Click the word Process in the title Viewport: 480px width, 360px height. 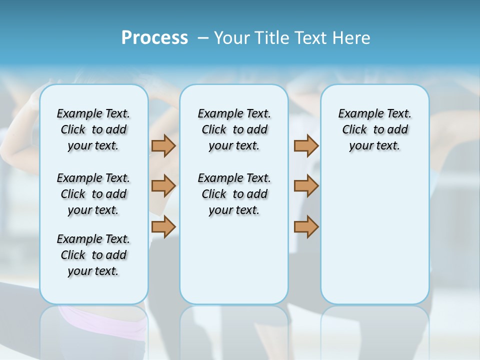point(154,37)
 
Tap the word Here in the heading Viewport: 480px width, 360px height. point(352,38)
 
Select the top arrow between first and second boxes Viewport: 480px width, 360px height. point(163,145)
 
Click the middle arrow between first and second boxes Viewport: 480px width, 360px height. point(163,186)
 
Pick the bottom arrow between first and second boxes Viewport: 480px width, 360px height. point(163,227)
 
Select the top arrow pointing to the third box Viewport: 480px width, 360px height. point(306,145)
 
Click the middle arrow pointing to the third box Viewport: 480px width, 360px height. point(306,186)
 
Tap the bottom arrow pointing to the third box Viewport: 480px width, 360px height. point(306,227)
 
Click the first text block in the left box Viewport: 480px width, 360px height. point(93,129)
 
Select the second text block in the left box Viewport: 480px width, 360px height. point(93,194)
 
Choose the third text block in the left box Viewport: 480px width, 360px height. point(93,255)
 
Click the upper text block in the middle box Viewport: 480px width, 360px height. point(234,129)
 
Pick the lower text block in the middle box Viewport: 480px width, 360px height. point(234,194)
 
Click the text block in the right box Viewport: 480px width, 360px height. point(375,129)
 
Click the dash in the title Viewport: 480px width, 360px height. point(202,38)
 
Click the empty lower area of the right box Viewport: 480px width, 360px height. point(375,235)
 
